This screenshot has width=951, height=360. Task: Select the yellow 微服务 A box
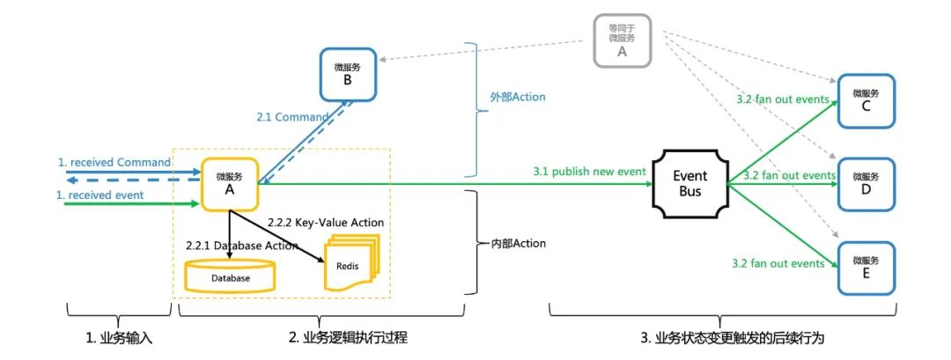(229, 184)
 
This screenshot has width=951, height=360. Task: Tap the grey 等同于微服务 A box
(622, 40)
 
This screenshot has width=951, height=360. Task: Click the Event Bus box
(690, 183)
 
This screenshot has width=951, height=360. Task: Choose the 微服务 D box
(866, 184)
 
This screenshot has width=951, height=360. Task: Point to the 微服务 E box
(866, 267)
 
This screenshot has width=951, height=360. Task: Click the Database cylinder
(230, 276)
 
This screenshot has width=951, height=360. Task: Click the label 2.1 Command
(292, 116)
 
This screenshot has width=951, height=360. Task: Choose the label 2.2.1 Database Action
(242, 246)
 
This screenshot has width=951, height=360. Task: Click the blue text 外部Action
(517, 97)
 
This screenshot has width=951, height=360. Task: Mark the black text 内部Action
(517, 243)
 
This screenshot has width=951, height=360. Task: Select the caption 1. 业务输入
(118, 338)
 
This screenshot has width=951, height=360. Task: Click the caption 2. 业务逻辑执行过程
(350, 338)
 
